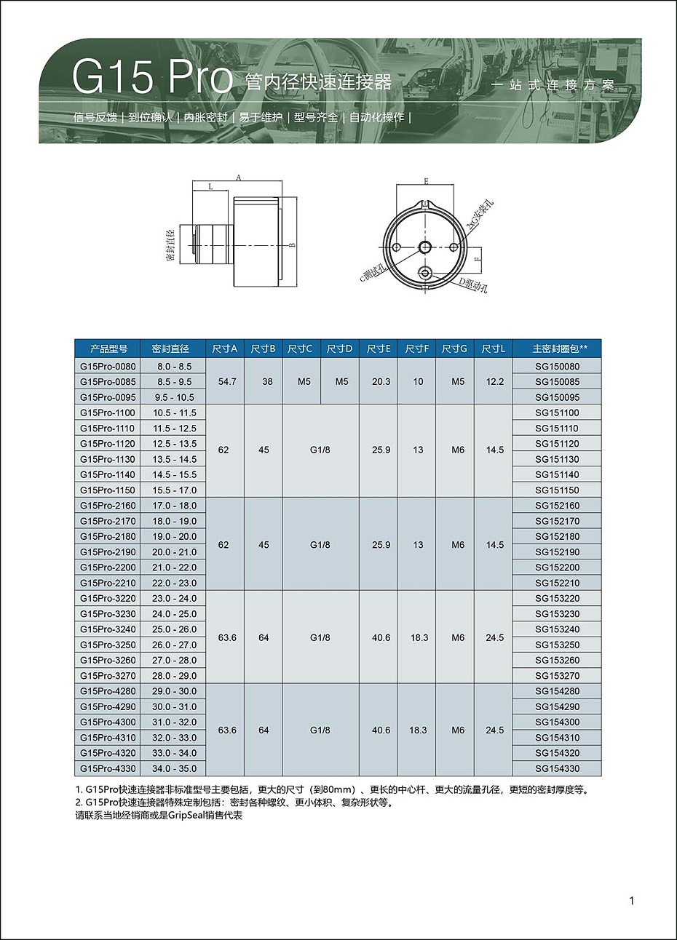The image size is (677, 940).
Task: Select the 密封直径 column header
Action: (x=170, y=349)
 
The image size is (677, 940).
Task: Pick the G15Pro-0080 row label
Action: (x=108, y=366)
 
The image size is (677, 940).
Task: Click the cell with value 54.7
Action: (x=227, y=381)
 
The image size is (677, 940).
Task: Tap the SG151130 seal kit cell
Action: (x=557, y=459)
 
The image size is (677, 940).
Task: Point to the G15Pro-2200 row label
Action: (x=108, y=567)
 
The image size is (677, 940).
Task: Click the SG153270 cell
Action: (x=557, y=676)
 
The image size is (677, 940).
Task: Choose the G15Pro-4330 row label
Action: (x=108, y=768)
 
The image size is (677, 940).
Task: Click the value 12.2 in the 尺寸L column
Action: (x=495, y=381)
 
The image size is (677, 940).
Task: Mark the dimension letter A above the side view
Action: (x=239, y=177)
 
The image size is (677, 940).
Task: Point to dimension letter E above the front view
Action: (x=426, y=181)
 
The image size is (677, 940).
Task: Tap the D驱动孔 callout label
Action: (x=473, y=284)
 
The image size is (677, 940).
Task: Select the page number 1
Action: (x=631, y=901)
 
